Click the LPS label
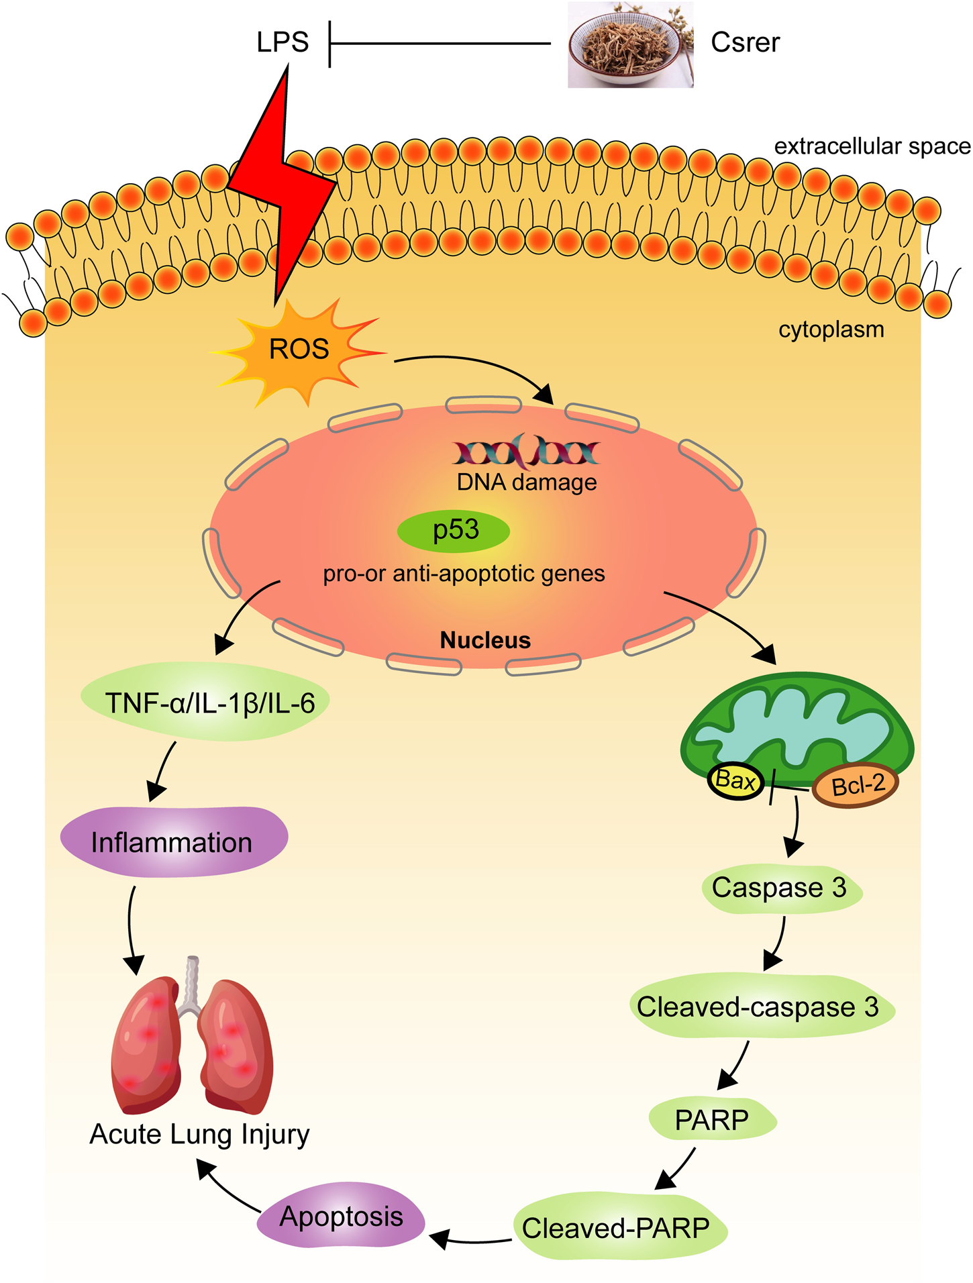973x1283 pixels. [283, 42]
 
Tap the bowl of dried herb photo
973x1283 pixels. [629, 45]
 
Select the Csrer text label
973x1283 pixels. [745, 42]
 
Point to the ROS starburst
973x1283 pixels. [299, 350]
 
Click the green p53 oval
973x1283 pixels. [454, 531]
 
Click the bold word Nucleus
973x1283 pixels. [485, 640]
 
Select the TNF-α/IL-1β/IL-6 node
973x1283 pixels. [209, 703]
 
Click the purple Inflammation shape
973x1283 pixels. [173, 842]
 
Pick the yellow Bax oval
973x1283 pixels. [735, 780]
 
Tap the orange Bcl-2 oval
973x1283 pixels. [856, 784]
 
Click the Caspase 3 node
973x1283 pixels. [780, 888]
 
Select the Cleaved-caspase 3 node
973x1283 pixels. [759, 1007]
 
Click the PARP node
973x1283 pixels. [712, 1119]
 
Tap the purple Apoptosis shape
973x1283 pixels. [341, 1217]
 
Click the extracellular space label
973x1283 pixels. [872, 146]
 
